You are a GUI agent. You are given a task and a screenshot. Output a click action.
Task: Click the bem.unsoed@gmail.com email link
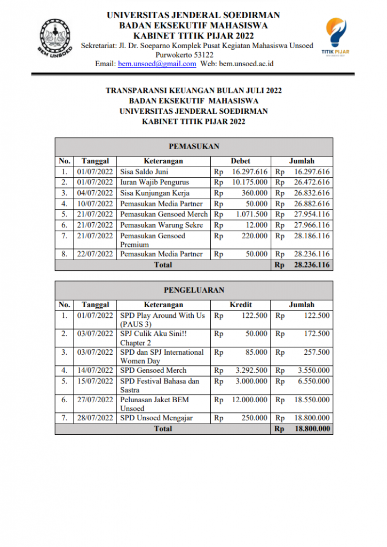[157, 64]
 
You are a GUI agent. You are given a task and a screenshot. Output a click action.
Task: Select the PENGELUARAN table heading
[194, 290]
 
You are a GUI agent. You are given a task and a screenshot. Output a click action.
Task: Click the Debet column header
[240, 161]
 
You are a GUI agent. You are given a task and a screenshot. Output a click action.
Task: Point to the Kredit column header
[240, 304]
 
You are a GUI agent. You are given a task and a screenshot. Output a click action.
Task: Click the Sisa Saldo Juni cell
[144, 171]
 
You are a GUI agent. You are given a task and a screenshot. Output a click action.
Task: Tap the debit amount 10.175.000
[249, 182]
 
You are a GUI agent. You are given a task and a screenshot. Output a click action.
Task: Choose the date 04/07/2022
[95, 193]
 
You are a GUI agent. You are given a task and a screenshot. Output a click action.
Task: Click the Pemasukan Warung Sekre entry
[161, 225]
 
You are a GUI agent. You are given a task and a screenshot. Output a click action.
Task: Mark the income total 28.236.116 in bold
[309, 264]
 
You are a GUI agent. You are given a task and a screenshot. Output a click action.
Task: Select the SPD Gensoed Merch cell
[153, 370]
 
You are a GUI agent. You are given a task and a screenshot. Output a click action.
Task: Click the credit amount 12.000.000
[249, 400]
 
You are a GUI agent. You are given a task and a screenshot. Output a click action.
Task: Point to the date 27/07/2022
[95, 400]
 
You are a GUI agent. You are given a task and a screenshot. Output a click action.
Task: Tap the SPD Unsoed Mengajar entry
[156, 418]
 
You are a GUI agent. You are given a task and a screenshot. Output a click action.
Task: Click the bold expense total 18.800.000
[309, 428]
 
